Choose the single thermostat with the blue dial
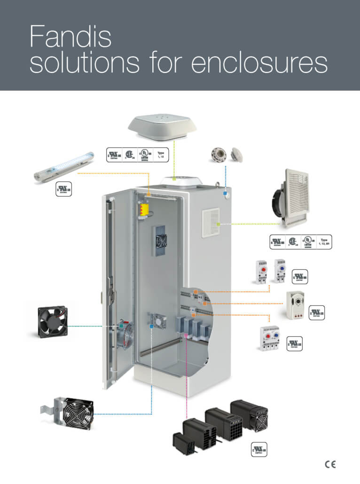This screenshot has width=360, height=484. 280,271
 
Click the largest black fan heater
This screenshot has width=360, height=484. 249,415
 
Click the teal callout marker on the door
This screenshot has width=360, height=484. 122,325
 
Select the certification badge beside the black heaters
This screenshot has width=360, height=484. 259,449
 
